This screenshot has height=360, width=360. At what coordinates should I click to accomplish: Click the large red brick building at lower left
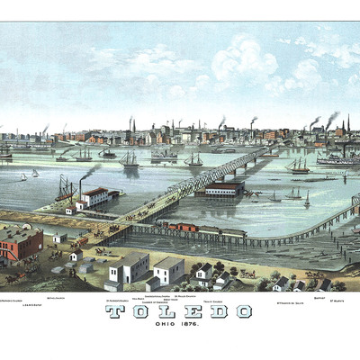pos(20,241)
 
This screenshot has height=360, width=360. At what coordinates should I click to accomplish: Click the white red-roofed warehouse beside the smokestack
pos(95,196)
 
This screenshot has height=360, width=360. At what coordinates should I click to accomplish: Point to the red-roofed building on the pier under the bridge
pos(224,188)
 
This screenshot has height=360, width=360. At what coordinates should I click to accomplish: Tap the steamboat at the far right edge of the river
pos(338,158)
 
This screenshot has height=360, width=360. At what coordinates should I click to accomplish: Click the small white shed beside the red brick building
pos(58,238)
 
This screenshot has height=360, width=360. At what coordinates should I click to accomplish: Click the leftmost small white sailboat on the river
pos(23,176)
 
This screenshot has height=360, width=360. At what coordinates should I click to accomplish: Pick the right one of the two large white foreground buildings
pos(168,269)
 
